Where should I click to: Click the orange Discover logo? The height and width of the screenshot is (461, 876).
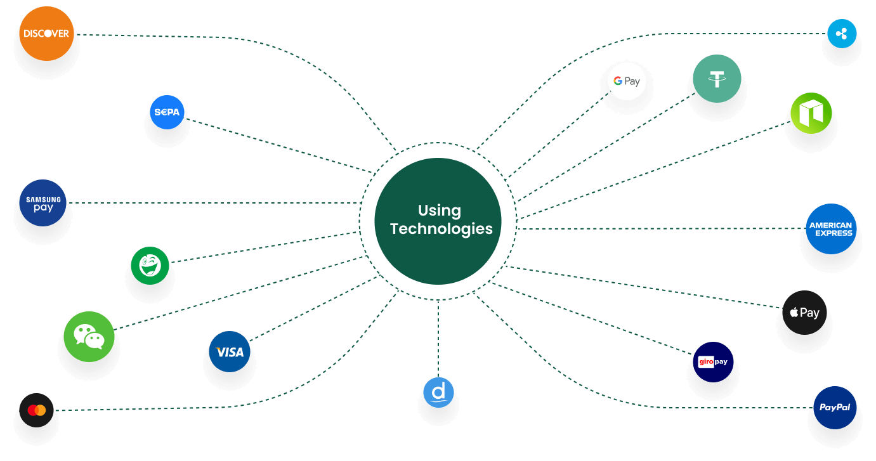(x=46, y=34)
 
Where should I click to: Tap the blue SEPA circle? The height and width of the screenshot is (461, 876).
(x=167, y=112)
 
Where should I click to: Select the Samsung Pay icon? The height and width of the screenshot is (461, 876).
(x=43, y=203)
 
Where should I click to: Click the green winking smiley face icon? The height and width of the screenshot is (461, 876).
(x=150, y=266)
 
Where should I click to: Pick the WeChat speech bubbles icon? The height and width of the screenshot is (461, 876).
(x=89, y=337)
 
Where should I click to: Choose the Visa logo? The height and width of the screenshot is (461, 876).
(x=230, y=351)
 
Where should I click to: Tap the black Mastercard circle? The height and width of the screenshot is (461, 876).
(x=36, y=410)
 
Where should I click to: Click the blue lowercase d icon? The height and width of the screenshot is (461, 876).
(x=438, y=392)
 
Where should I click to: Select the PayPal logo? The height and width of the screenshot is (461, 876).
(x=835, y=408)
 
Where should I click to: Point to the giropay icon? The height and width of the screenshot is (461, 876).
(x=713, y=361)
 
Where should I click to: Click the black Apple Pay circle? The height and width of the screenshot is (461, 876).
(x=804, y=313)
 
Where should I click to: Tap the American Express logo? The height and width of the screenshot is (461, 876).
(x=831, y=229)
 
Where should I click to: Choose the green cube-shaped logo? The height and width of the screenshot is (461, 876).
(x=811, y=113)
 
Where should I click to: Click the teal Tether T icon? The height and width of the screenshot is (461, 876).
(x=717, y=79)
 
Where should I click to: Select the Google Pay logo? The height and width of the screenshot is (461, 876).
(x=627, y=81)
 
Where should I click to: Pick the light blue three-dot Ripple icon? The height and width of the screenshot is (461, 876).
(x=842, y=34)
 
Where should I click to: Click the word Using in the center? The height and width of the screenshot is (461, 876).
(x=440, y=211)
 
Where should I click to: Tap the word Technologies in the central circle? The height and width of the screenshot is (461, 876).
(x=441, y=230)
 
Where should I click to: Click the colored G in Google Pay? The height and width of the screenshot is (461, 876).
(x=618, y=81)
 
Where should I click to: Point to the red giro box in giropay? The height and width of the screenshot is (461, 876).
(x=706, y=361)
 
